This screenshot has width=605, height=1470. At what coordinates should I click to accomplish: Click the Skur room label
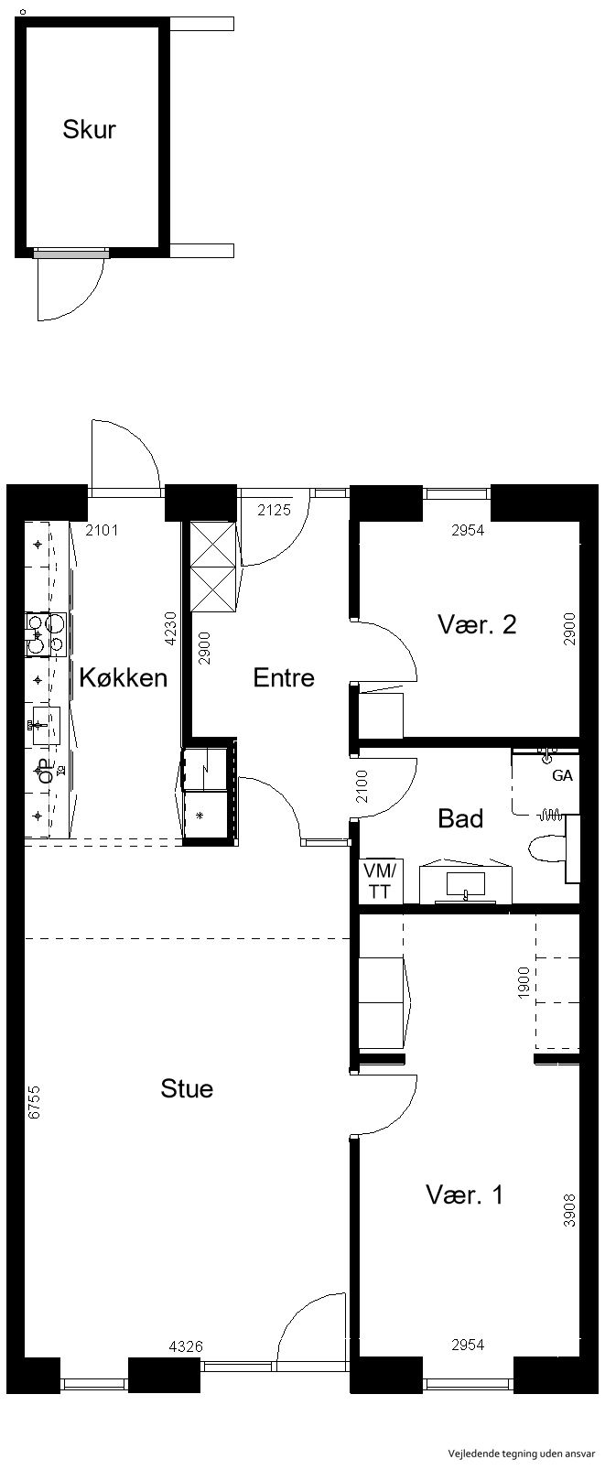point(90,129)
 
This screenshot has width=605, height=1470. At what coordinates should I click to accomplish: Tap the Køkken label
point(124,677)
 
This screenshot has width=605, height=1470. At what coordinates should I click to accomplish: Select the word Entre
point(284,677)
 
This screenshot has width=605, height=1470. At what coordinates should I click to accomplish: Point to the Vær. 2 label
point(477,624)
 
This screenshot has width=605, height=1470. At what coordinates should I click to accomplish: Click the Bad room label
point(460,818)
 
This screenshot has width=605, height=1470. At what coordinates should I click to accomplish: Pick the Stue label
point(187,1088)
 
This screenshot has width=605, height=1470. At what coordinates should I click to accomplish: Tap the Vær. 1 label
point(465,1195)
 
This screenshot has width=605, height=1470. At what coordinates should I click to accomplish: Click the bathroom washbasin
point(465,884)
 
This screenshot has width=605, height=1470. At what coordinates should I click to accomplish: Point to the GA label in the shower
point(562,775)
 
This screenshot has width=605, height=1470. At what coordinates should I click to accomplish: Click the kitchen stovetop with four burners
point(45,634)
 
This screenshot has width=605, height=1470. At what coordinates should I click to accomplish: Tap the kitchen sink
point(43,725)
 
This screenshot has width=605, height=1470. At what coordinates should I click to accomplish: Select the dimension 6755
point(34,1102)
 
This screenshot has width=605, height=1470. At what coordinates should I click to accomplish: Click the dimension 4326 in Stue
point(186,1346)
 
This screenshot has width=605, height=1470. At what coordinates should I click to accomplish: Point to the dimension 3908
point(569,1210)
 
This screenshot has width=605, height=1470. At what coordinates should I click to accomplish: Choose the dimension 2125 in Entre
point(274,509)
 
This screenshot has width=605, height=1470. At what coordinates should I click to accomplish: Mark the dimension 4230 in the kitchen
point(170,629)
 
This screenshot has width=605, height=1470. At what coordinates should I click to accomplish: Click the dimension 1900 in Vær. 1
point(523,982)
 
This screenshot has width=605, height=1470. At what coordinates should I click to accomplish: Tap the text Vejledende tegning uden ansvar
point(523,1453)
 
